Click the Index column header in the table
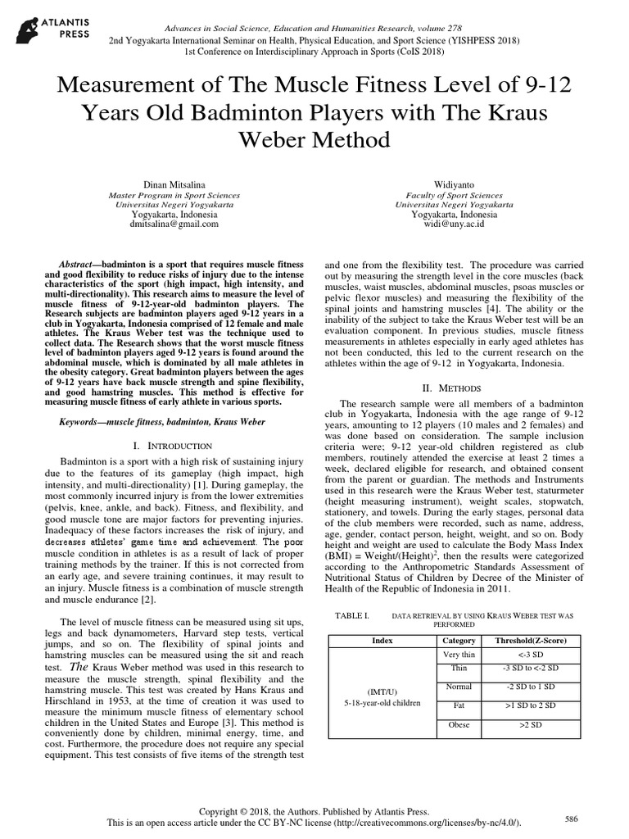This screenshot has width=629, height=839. [x=382, y=640]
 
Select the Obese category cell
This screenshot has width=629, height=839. [x=459, y=725]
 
